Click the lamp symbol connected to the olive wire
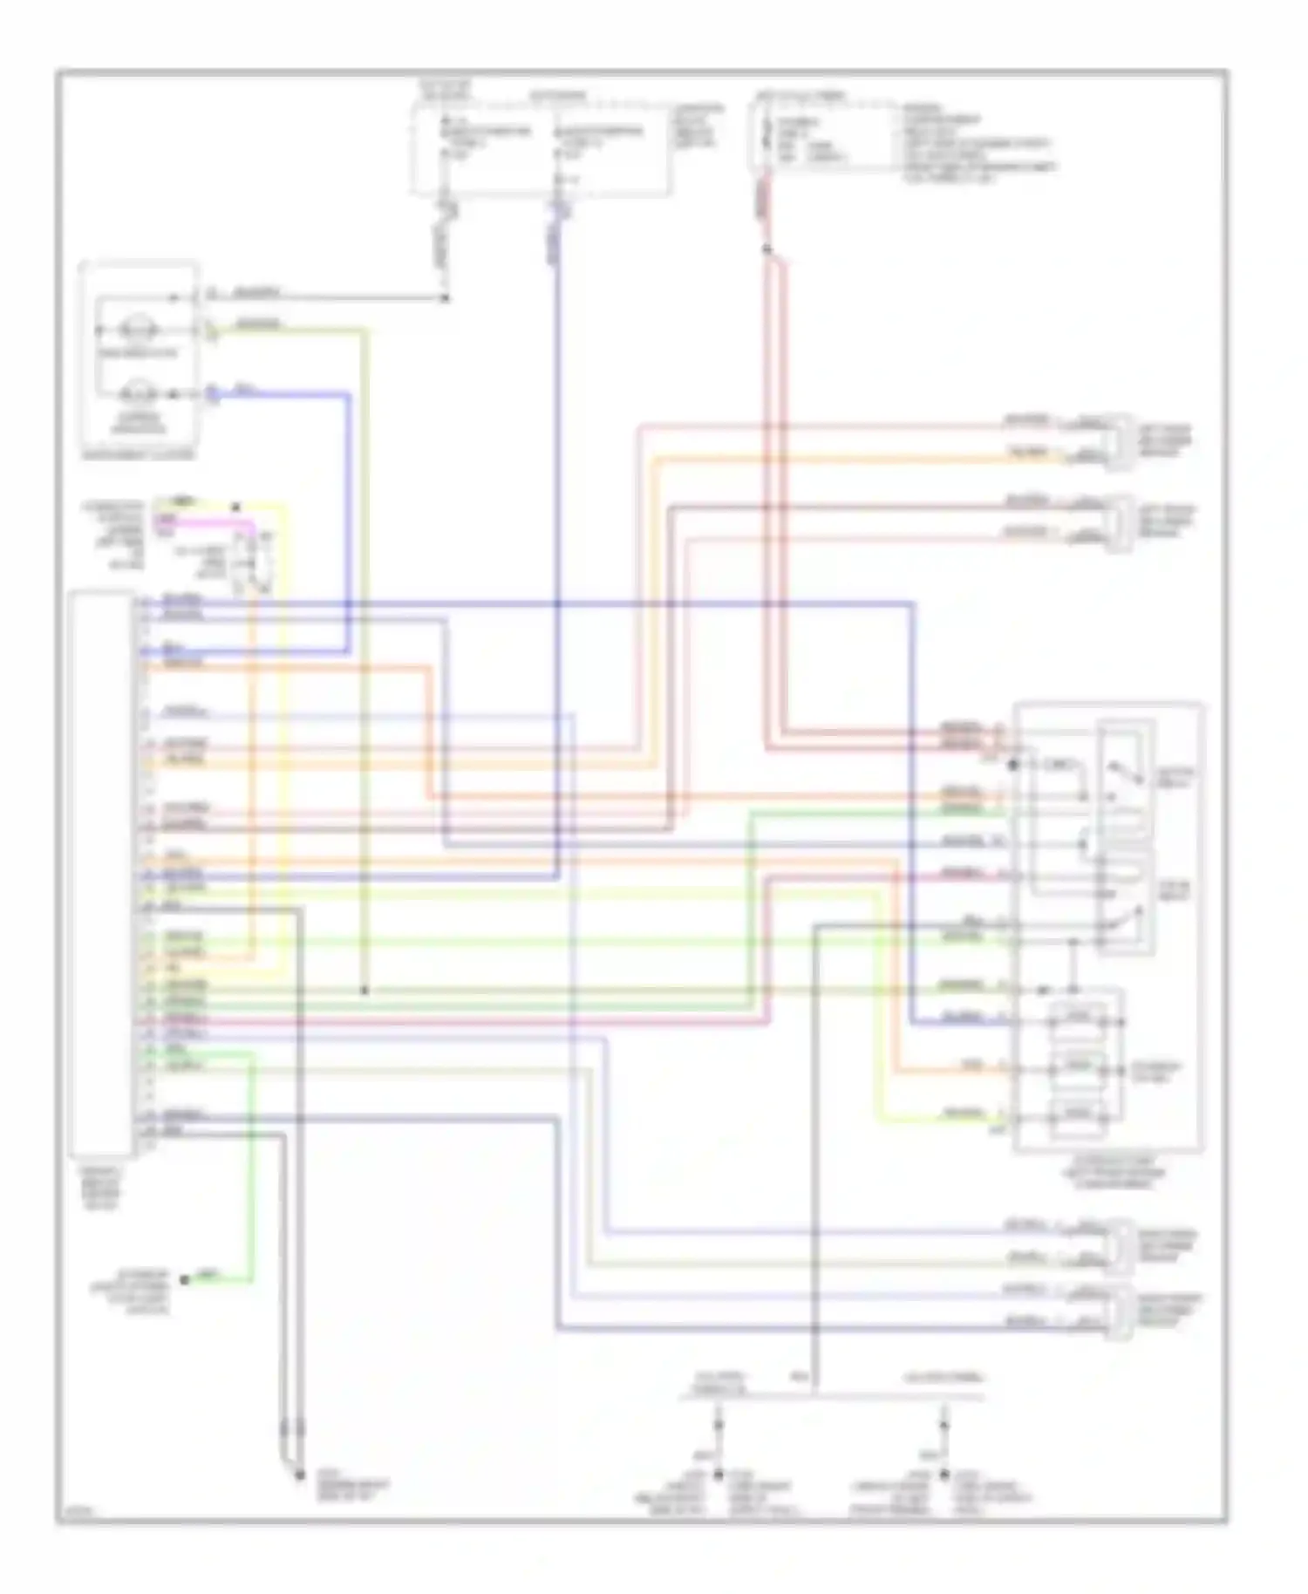(x=138, y=330)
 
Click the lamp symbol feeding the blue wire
(x=138, y=394)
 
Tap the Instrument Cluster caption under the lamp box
(x=138, y=454)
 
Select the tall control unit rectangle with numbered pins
(x=102, y=872)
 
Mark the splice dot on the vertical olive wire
(x=364, y=991)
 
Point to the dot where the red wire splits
(x=766, y=250)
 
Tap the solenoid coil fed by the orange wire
(x=1079, y=1066)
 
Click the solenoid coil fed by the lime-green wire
(x=1079, y=1114)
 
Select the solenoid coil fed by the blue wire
(x=1079, y=1018)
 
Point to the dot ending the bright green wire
(x=185, y=1280)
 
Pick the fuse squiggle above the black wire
(x=449, y=209)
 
